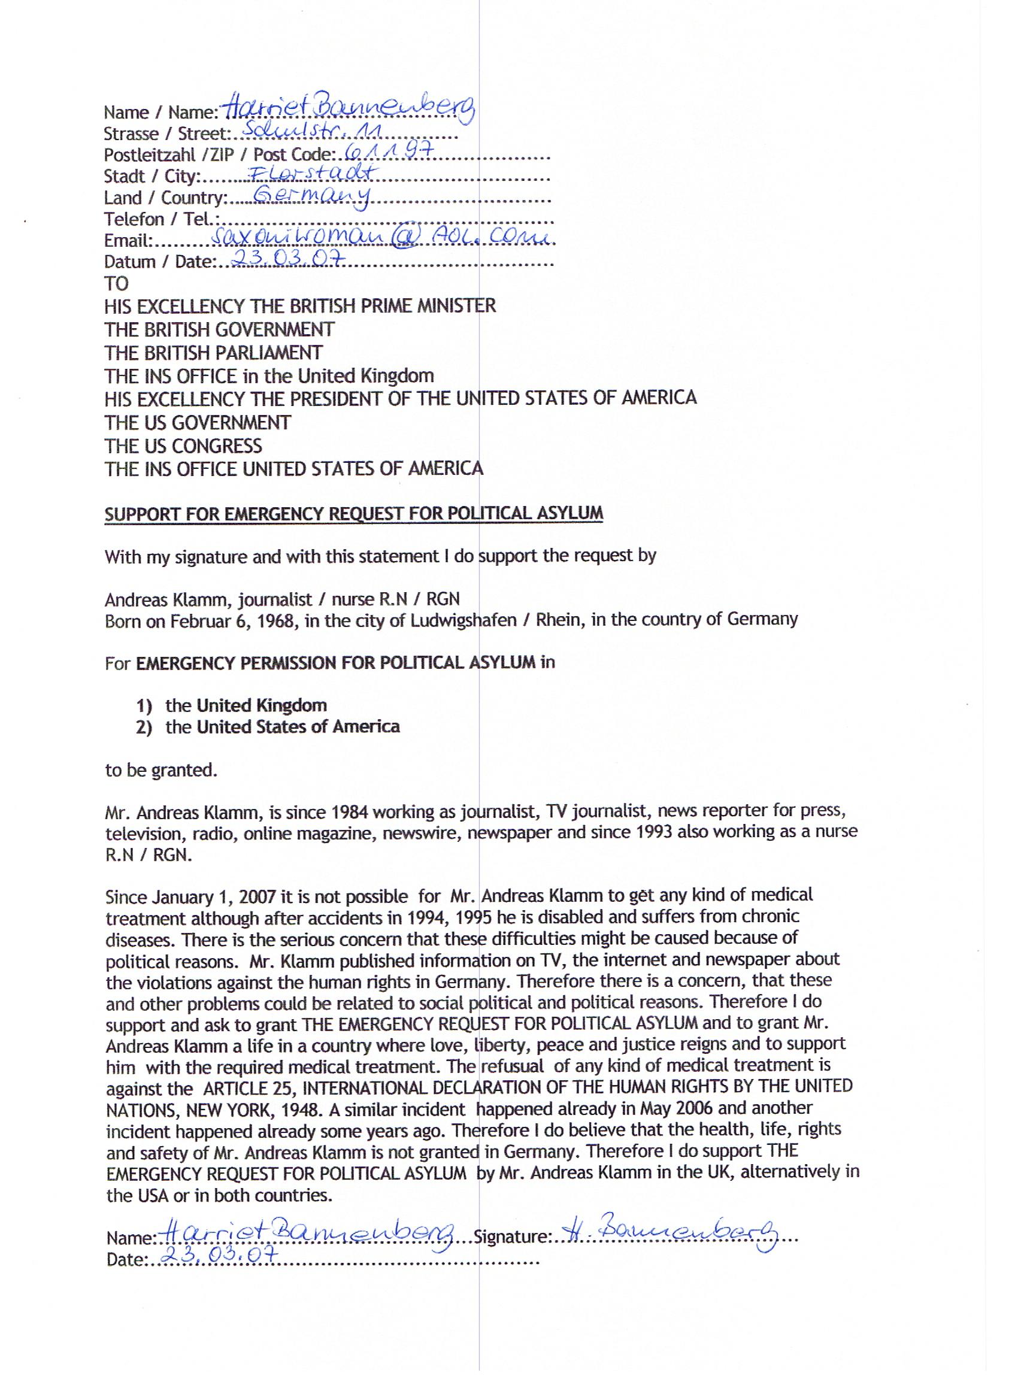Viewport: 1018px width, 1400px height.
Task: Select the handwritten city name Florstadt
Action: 306,175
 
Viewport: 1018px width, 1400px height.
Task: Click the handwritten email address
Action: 383,238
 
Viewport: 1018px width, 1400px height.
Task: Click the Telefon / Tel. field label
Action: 162,219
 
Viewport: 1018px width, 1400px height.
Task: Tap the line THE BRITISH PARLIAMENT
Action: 213,353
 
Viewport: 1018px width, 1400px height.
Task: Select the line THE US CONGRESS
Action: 183,446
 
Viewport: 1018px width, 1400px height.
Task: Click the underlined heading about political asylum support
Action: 353,514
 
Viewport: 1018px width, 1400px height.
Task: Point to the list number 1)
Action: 144,705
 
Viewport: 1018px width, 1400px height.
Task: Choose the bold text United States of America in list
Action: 298,726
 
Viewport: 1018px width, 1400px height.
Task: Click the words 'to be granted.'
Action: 161,771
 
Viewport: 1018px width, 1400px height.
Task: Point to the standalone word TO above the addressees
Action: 116,283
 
